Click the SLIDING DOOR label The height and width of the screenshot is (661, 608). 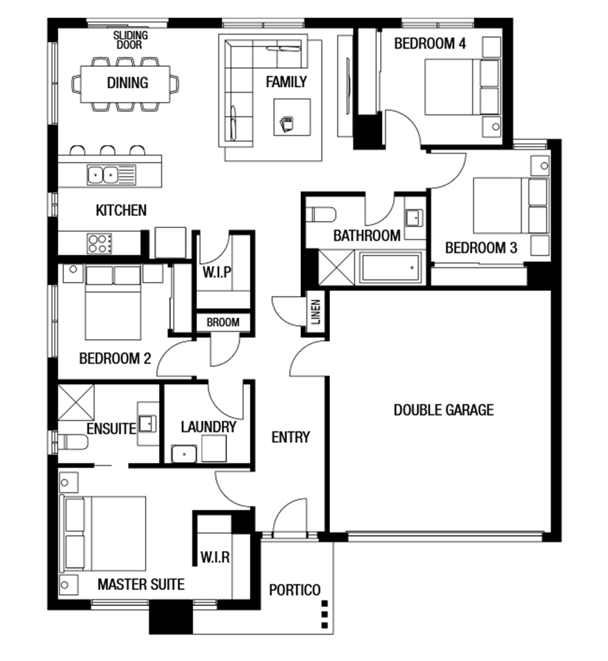130,40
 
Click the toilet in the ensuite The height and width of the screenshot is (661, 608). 73,442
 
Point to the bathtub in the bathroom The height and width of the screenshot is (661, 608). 391,268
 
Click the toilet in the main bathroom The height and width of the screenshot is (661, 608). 321,215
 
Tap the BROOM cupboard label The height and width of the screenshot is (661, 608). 223,322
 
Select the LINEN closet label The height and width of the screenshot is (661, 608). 316,312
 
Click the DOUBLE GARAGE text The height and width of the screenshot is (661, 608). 444,410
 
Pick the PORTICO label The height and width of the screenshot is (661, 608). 295,590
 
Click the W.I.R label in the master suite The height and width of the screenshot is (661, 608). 215,557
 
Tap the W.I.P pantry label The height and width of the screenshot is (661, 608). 217,272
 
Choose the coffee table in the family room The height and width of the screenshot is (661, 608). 292,117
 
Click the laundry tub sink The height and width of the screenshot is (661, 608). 184,454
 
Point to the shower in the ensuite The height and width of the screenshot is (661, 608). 76,402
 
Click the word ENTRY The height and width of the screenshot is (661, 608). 290,437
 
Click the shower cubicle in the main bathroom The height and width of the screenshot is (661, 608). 336,268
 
